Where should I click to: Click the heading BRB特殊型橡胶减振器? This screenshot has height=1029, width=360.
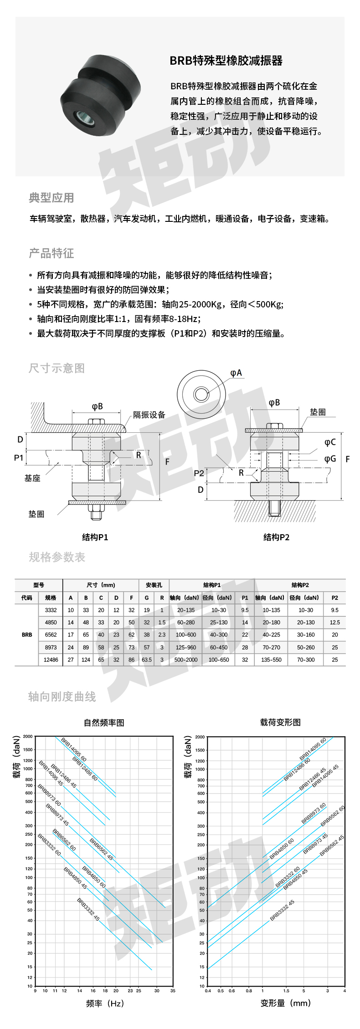[226, 61]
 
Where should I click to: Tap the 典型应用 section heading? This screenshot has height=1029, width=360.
[51, 198]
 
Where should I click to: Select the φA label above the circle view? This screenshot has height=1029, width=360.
[236, 373]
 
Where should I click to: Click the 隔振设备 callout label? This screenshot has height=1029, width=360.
[149, 415]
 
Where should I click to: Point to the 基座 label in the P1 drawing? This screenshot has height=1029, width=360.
[32, 478]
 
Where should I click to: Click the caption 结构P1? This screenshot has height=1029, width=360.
[95, 537]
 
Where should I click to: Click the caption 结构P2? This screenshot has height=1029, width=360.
[276, 537]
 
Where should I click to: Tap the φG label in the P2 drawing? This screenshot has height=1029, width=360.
[330, 459]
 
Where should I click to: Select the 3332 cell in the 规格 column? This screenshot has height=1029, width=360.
[51, 610]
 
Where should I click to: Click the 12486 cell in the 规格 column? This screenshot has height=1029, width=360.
[51, 660]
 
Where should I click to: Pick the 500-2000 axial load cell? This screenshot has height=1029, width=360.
[186, 660]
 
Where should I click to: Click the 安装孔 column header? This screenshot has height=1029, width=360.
[154, 585]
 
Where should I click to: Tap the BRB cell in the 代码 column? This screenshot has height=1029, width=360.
[27, 635]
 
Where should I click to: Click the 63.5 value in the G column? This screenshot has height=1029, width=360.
[147, 660]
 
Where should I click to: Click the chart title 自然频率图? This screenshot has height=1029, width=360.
[104, 722]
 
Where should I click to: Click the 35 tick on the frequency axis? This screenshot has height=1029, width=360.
[173, 990]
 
